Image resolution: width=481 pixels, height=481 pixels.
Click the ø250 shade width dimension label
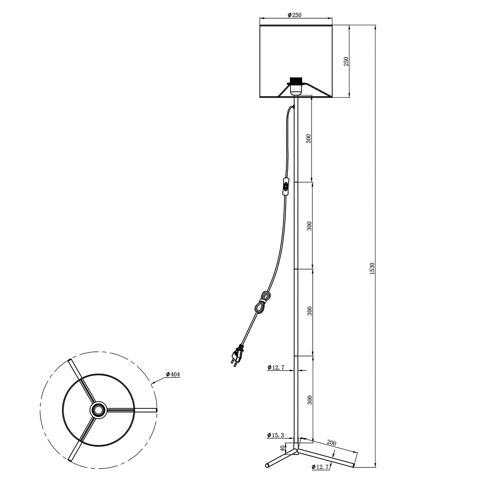(x=294, y=15)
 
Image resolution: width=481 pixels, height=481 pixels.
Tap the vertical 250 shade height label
(x=346, y=61)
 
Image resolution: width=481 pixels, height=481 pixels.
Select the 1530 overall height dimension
(x=372, y=268)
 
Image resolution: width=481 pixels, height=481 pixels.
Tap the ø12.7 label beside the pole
(x=276, y=367)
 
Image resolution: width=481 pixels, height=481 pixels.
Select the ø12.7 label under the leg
(x=320, y=467)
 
